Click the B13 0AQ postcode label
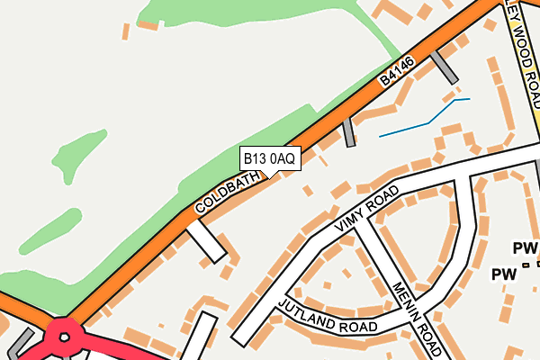click(269, 158)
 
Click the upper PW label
click(524, 247)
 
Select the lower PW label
click(503, 273)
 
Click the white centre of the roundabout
click(64, 338)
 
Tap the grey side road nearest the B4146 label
click(442, 66)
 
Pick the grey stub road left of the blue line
click(348, 132)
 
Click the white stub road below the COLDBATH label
click(205, 241)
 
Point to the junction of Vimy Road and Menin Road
click(357, 225)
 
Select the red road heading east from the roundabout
click(135, 352)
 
